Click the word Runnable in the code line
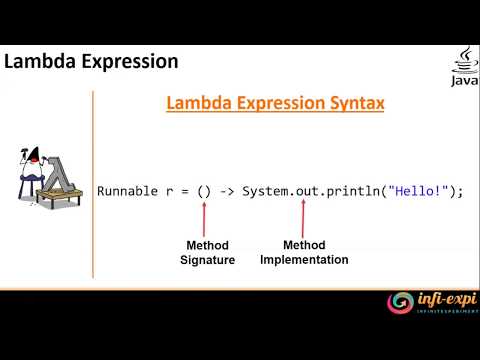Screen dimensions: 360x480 click(126, 191)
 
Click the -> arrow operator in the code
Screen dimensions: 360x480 click(228, 191)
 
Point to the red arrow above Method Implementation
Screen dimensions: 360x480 click(303, 219)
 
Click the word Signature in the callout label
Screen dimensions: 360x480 click(208, 260)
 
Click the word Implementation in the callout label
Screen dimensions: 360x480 click(304, 260)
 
